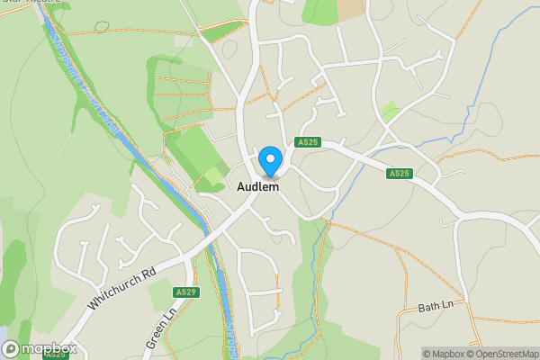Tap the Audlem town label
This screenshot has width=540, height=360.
pyautogui.click(x=257, y=187)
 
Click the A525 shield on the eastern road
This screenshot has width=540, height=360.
pyautogui.click(x=400, y=173)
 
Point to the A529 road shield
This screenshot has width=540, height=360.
pyautogui.click(x=185, y=292)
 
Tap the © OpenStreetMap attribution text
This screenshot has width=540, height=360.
pyautogui.click(x=502, y=354)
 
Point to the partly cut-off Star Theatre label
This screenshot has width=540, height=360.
pyautogui.click(x=31, y=2)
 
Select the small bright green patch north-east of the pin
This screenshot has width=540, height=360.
pyautogui.click(x=389, y=112)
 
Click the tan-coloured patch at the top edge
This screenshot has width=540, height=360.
pyautogui.click(x=351, y=8)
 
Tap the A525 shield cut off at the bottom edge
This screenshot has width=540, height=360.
pyautogui.click(x=54, y=355)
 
